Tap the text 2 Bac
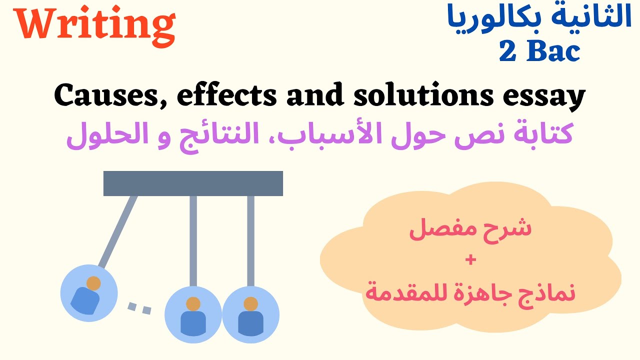(x=539, y=51)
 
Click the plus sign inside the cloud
(x=470, y=260)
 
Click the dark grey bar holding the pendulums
(x=193, y=183)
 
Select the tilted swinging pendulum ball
(x=88, y=293)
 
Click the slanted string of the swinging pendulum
(x=118, y=229)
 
